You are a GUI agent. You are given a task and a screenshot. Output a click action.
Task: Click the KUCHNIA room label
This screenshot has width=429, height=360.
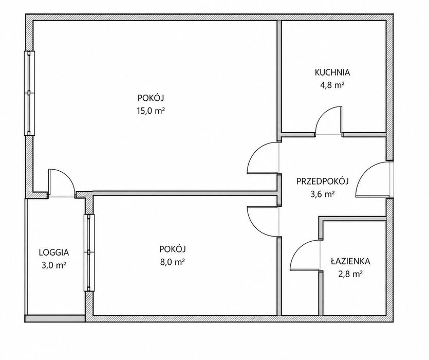pyautogui.click(x=332, y=73)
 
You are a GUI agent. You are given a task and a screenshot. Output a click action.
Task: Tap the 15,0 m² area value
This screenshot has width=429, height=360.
pyautogui.click(x=151, y=111)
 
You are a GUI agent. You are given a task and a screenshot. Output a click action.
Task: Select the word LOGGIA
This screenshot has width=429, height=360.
pyautogui.click(x=54, y=252)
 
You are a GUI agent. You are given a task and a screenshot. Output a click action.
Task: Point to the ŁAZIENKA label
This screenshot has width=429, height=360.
pyautogui.click(x=350, y=261)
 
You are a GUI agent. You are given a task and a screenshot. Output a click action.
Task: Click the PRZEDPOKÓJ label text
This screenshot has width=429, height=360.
pyautogui.click(x=323, y=181)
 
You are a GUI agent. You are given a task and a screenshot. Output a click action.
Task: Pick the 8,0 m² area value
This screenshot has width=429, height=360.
pyautogui.click(x=172, y=262)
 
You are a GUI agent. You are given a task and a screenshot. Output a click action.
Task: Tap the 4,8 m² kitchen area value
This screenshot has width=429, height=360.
pyautogui.click(x=332, y=85)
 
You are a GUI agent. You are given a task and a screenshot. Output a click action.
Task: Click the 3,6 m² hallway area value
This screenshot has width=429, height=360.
pyautogui.click(x=323, y=194)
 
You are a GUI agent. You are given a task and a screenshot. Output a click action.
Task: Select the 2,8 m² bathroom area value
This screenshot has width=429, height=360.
pyautogui.click(x=350, y=274)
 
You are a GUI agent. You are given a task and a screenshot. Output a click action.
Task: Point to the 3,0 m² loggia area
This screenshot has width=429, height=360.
pyautogui.click(x=54, y=265)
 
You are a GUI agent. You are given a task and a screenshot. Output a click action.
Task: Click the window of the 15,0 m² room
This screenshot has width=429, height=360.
pyautogui.click(x=30, y=93)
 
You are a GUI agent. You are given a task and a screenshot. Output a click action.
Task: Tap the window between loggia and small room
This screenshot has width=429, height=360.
pyautogui.click(x=89, y=253)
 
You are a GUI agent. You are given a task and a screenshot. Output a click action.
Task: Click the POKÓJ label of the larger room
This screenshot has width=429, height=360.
pyautogui.click(x=151, y=97)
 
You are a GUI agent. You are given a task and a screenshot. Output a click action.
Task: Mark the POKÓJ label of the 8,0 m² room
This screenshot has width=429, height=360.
pyautogui.click(x=172, y=248)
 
